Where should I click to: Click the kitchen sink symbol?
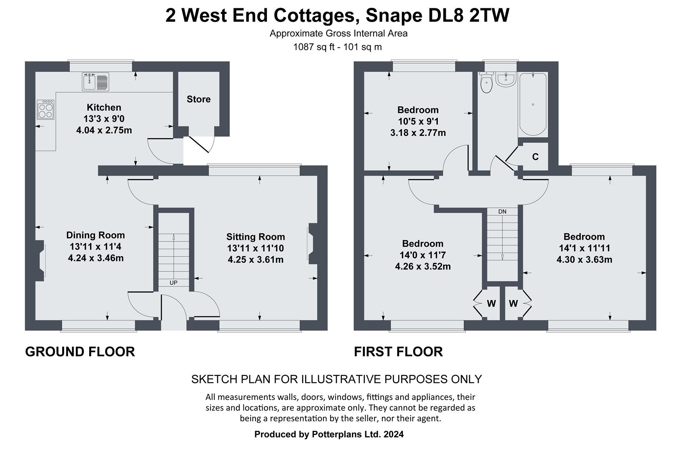[x=95, y=81]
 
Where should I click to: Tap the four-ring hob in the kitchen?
[x=45, y=110]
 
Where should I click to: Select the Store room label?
[x=198, y=99]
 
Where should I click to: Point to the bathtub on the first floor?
[x=533, y=104]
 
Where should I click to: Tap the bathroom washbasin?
[x=506, y=79]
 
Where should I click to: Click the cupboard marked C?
[x=535, y=157]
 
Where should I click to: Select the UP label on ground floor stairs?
[x=173, y=283]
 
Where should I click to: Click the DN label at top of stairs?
[x=502, y=212]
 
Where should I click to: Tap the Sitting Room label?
[x=256, y=237]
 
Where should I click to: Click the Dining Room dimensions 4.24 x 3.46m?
[x=95, y=258]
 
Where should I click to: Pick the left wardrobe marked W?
[x=491, y=304]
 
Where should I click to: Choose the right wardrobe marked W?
[x=513, y=304]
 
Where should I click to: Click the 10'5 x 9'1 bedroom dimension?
[x=418, y=122]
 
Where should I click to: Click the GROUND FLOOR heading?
[x=80, y=352]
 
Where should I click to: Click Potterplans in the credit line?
[x=336, y=434]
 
